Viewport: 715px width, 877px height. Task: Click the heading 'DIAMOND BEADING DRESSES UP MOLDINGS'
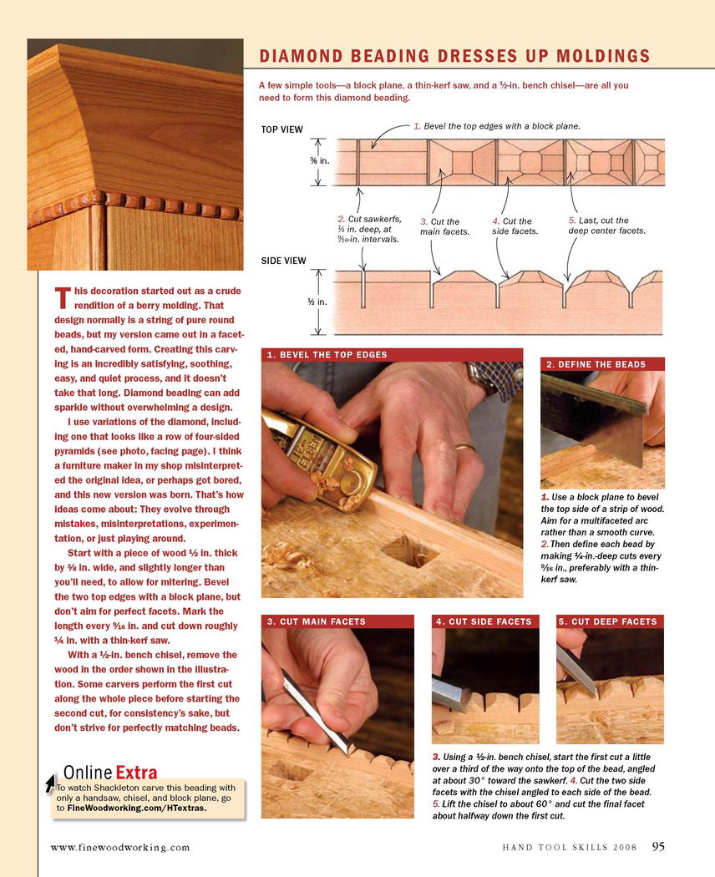(x=454, y=56)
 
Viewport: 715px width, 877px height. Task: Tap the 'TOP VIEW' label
(x=282, y=129)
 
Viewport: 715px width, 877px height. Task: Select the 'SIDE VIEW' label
(x=284, y=261)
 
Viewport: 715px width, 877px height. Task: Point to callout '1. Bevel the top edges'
(x=496, y=126)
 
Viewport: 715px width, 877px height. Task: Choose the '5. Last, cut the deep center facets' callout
(x=606, y=226)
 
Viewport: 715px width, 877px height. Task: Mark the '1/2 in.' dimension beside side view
(x=317, y=301)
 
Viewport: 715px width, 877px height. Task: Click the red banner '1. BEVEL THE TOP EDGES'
(x=327, y=355)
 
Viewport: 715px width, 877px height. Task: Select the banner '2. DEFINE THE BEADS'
(x=596, y=365)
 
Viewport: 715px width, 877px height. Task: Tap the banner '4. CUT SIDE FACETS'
(x=484, y=621)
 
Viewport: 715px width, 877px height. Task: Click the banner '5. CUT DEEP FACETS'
(x=607, y=621)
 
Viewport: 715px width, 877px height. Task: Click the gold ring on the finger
(x=466, y=449)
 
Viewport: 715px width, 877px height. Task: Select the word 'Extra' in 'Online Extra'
(x=136, y=772)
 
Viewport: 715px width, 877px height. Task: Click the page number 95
(x=658, y=847)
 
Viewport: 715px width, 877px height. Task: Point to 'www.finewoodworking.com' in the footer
(x=120, y=848)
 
